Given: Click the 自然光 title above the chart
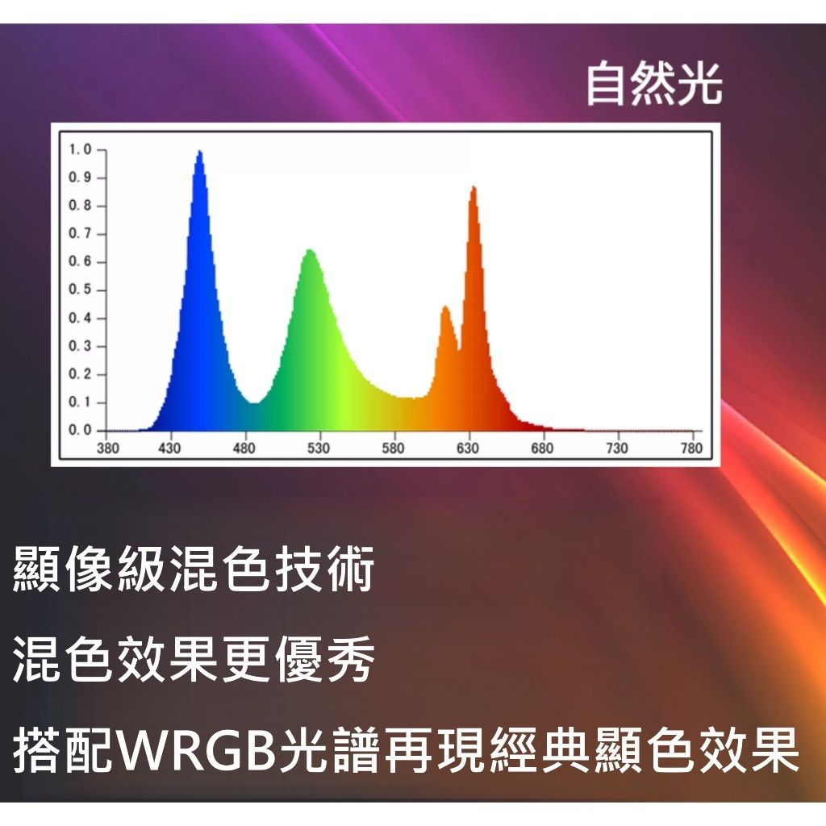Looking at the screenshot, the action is coord(653,84).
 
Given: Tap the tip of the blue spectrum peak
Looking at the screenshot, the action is coord(200,151).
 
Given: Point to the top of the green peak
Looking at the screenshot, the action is coord(310,250).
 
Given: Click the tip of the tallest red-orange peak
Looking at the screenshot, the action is coord(473,186).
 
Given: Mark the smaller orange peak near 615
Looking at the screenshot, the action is coord(445,307).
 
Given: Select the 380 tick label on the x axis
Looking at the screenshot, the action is coord(107,448).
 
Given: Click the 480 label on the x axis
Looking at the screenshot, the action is coord(244,448).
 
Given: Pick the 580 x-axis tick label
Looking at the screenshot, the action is coord(393,448).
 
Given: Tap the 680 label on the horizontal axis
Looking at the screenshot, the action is coord(542,448).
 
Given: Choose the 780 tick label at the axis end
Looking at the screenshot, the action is coord(691,448).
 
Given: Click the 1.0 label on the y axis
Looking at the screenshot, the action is coord(80,149).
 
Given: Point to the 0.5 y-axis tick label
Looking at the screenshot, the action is coord(80,290).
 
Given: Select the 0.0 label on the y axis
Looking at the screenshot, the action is coord(80,431).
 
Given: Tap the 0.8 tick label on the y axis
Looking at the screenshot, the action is coord(80,206).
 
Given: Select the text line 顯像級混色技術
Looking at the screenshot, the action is coord(193,569).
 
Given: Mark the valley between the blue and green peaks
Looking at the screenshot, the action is coord(254,403).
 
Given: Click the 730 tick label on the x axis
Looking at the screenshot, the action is coord(617,448).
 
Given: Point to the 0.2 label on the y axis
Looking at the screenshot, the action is coord(80,374).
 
